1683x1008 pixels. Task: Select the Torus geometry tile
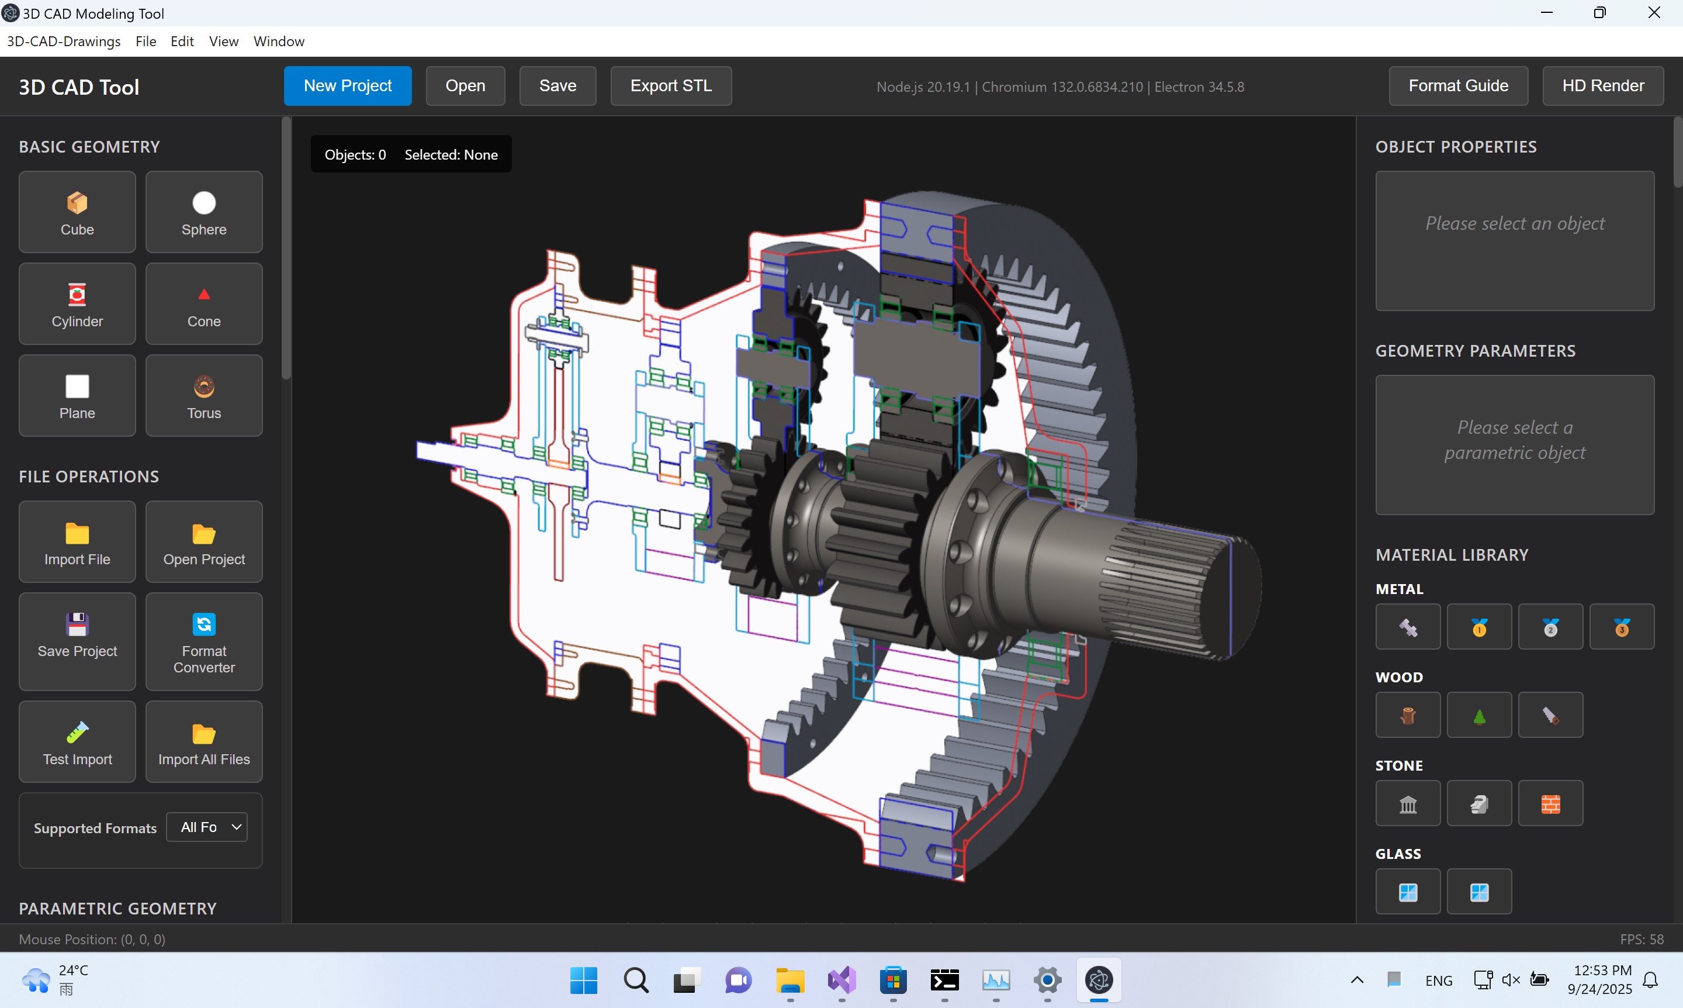pyautogui.click(x=204, y=396)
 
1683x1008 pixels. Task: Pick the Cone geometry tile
pyautogui.click(x=204, y=304)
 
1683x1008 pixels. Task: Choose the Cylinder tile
pyautogui.click(x=77, y=304)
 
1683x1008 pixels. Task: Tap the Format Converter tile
pyautogui.click(x=204, y=641)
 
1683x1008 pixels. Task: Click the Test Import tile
pyautogui.click(x=77, y=742)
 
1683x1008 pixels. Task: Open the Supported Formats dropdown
pyautogui.click(x=207, y=827)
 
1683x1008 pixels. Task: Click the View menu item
pyautogui.click(x=223, y=42)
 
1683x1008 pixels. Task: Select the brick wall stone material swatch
pyautogui.click(x=1550, y=803)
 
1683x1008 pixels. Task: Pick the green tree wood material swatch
pyautogui.click(x=1478, y=715)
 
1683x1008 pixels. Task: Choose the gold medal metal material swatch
pyautogui.click(x=1478, y=627)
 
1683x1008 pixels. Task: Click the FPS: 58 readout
pyautogui.click(x=1641, y=940)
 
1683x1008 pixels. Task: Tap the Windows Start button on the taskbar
pyautogui.click(x=583, y=980)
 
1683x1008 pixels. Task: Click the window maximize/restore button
pyautogui.click(x=1599, y=13)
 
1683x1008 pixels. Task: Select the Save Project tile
pyautogui.click(x=77, y=641)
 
